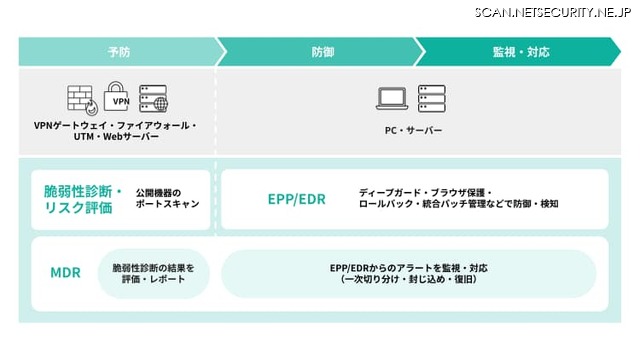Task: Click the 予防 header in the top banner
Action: pos(118,51)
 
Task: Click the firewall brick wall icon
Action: pos(81,98)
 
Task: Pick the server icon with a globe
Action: pos(154,98)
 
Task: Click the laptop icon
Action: pos(392,98)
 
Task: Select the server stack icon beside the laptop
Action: pos(432,98)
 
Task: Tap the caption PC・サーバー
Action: pos(413,130)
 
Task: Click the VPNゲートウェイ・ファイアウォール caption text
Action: pos(116,125)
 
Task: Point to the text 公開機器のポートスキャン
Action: pos(168,198)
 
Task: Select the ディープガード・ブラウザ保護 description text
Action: pos(426,191)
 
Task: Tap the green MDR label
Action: pos(65,272)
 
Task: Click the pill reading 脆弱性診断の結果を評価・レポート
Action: pos(153,273)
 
